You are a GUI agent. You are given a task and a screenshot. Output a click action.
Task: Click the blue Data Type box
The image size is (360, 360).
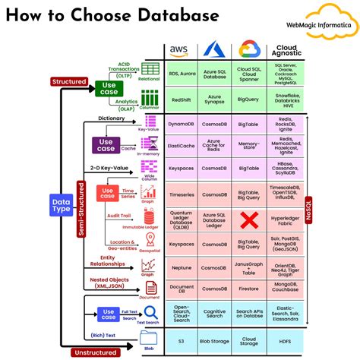tap(60, 206)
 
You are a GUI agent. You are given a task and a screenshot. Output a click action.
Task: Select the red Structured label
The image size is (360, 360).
tap(69, 81)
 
